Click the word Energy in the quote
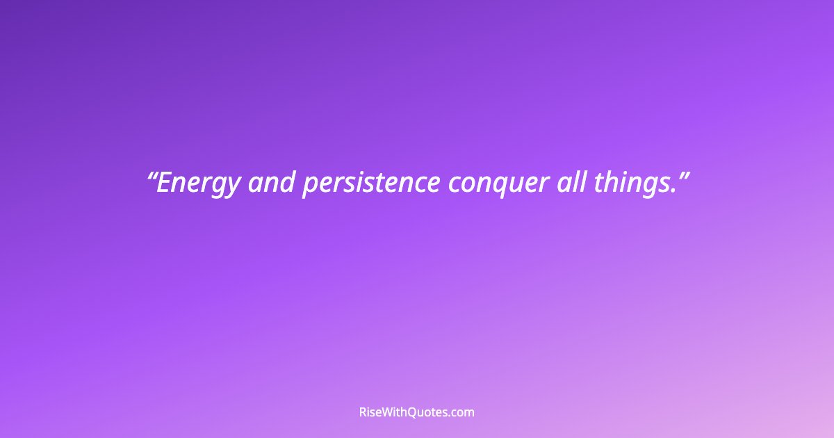tap(198, 184)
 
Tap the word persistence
tap(370, 184)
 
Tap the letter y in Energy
tap(233, 187)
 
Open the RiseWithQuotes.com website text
tap(416, 412)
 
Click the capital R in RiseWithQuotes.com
tap(363, 412)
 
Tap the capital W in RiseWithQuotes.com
tap(389, 412)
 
